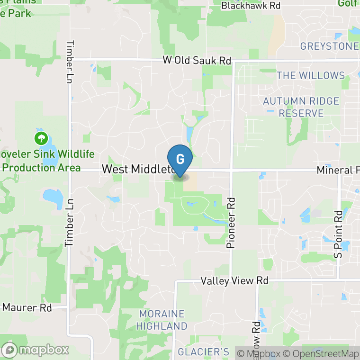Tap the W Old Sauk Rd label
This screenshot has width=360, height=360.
click(x=197, y=61)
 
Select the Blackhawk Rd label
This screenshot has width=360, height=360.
click(x=251, y=6)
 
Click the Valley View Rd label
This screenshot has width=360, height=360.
click(x=234, y=281)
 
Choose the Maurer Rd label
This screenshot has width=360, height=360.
click(x=27, y=307)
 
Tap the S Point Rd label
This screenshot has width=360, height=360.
click(x=338, y=234)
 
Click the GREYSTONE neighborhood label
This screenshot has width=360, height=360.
click(x=329, y=46)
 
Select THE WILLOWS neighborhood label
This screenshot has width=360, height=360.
click(x=311, y=75)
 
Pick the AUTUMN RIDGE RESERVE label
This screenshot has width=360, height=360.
click(x=301, y=108)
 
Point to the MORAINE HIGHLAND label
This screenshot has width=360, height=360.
click(x=162, y=320)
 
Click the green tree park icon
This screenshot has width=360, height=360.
click(x=41, y=139)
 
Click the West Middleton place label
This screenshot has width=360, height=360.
click(x=137, y=170)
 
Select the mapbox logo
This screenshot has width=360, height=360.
click(x=36, y=351)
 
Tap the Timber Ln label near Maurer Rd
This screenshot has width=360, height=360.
click(x=69, y=223)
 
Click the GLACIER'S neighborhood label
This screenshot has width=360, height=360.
click(x=203, y=352)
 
